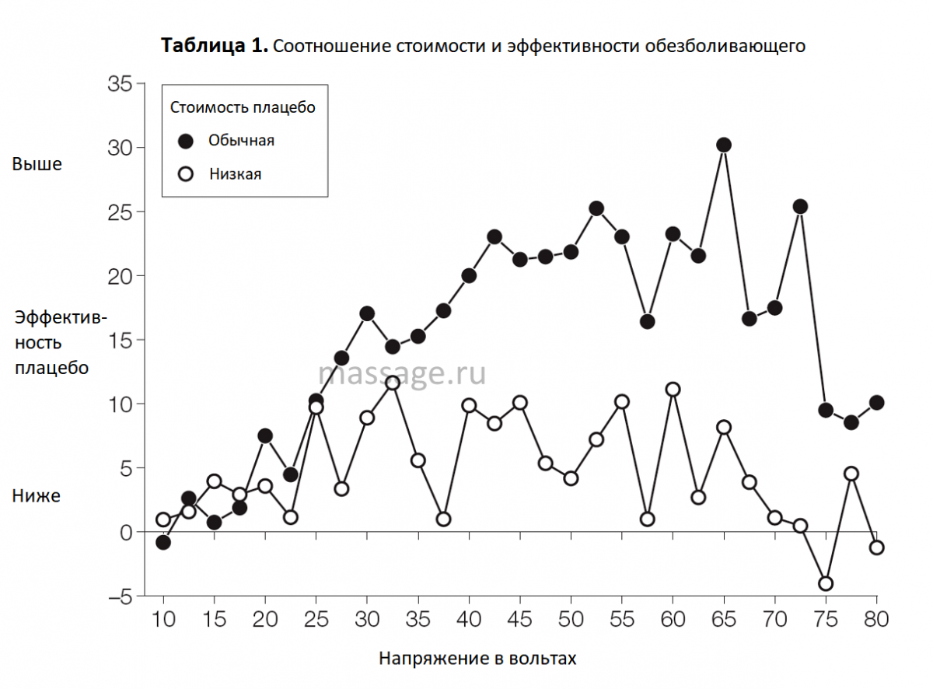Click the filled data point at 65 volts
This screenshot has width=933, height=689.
click(724, 145)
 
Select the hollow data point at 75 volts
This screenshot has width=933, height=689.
click(826, 583)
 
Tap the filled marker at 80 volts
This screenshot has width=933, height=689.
click(877, 402)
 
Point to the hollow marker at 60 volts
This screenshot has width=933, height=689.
click(673, 390)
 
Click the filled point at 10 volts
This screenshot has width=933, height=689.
click(163, 542)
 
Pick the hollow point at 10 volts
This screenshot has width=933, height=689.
click(163, 519)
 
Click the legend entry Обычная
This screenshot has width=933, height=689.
click(241, 141)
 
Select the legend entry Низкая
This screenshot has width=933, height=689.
click(235, 174)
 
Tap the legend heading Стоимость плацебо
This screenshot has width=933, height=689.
click(243, 107)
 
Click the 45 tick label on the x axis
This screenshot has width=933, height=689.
click(520, 620)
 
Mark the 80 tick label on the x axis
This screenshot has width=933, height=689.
click(877, 620)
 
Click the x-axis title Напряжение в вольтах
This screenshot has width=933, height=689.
click(478, 659)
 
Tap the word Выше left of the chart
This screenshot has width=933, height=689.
click(37, 164)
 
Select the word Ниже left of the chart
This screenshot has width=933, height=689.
click(36, 495)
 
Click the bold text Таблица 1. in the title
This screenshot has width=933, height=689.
click(215, 46)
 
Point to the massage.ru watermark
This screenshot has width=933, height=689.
click(402, 373)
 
